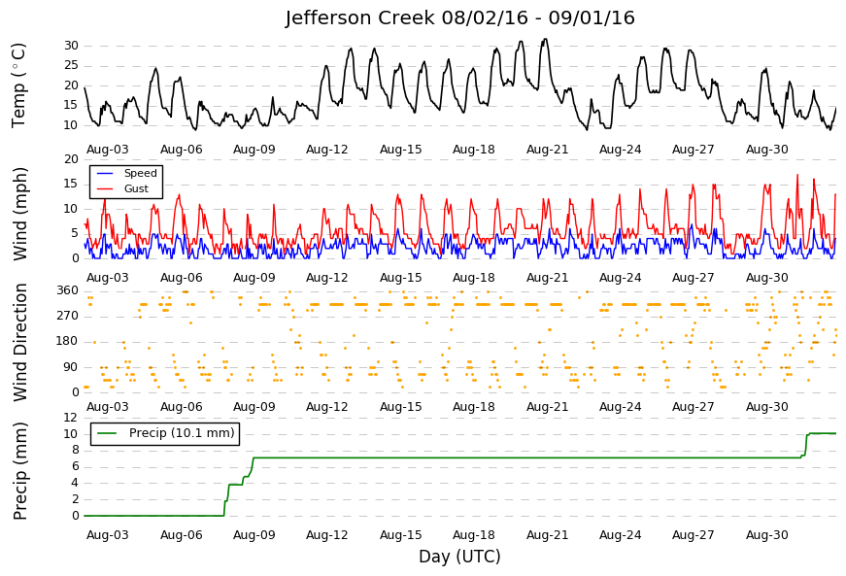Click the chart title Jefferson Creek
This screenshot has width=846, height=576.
[360, 17]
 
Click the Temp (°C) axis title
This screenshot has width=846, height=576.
[18, 85]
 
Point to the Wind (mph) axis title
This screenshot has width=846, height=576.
[19, 214]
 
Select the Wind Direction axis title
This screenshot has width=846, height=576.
[19, 343]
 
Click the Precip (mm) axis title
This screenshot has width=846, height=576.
[19, 471]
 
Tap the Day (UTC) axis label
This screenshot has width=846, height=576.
[459, 556]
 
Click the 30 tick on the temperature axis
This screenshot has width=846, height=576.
[71, 46]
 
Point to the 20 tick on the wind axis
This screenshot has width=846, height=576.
[71, 159]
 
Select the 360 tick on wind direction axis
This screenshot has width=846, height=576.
[68, 290]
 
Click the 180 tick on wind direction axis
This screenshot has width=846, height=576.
[68, 341]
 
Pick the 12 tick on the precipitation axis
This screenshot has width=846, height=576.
[71, 418]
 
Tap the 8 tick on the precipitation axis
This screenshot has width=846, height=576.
[75, 451]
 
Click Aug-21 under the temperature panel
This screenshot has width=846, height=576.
[548, 150]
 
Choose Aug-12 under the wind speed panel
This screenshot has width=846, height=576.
[327, 278]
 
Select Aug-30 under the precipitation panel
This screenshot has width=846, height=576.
[767, 535]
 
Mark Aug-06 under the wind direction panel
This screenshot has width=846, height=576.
[182, 407]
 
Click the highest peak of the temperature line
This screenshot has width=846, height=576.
[546, 39]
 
